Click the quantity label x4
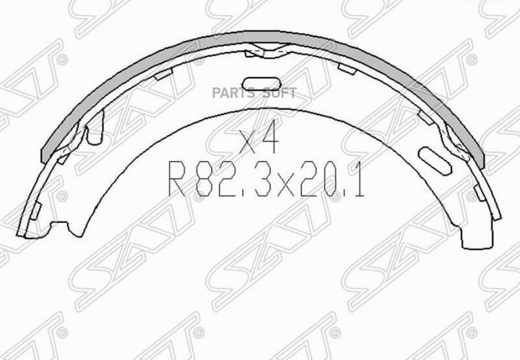pos(258,140)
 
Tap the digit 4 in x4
pos(269,140)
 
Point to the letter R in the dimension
pos(176,180)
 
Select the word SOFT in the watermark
pos(280,92)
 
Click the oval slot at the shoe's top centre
pos(257,83)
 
